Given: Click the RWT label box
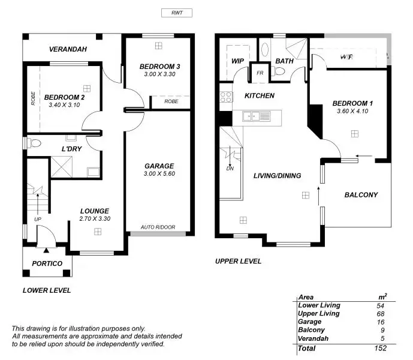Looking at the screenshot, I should tap(177, 13).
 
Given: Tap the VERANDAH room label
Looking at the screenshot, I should tap(68, 49).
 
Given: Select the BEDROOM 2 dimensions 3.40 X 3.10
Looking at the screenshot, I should tap(62, 105).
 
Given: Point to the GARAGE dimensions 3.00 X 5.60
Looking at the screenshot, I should tap(159, 174).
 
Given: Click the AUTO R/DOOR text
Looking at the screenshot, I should tap(158, 227).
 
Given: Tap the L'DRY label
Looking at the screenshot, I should tap(72, 148).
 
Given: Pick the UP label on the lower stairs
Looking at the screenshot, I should tap(38, 220).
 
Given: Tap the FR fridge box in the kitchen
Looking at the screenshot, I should tap(260, 73).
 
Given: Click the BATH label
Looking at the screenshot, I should tap(284, 60).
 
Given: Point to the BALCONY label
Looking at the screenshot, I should tap(361, 195).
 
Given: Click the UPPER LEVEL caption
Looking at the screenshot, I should tap(238, 262).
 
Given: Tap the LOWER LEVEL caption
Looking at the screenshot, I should tap(47, 290).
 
